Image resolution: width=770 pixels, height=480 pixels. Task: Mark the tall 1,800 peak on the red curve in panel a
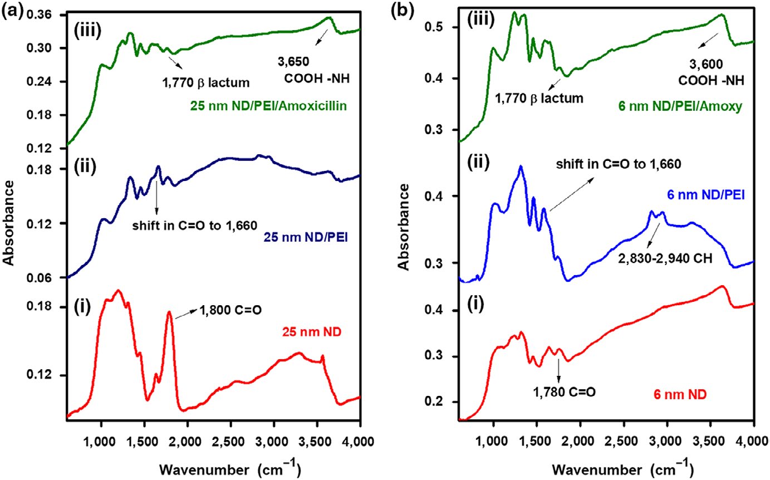tap(169, 313)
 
